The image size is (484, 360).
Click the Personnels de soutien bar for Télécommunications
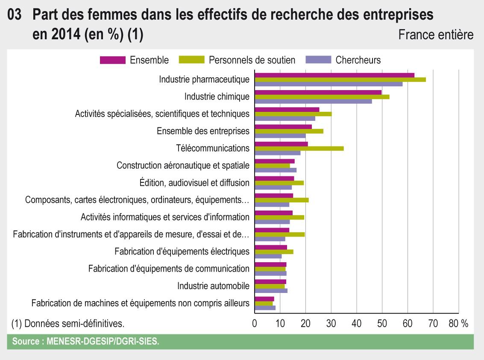coord(299,149)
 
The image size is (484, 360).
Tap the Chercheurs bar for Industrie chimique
coord(313,101)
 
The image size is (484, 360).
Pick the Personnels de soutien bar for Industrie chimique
coord(322,97)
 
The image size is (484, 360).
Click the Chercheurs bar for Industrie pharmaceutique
coord(329,84)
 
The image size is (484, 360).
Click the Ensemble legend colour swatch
coord(113,60)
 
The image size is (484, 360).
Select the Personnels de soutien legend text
coord(252,60)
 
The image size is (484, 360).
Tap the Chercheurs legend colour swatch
coord(318,60)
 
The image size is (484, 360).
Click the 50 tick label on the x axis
coord(382,324)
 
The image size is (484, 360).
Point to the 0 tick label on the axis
coord(255,324)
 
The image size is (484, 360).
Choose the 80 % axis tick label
coord(458,324)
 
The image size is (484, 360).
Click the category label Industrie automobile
coord(213,286)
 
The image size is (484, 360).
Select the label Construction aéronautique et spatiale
coord(183,165)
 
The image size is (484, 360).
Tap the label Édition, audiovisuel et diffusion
coord(194,183)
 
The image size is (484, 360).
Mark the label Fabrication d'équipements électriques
coord(182,252)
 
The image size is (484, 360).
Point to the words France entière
coord(436,35)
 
